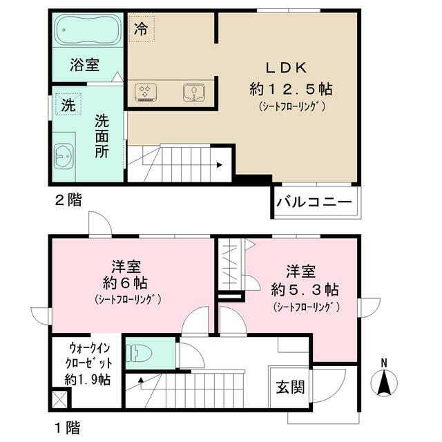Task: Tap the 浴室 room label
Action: tap(85, 66)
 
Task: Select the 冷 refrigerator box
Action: tap(141, 29)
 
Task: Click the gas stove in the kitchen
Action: tap(146, 92)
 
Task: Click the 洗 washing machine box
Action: tap(68, 106)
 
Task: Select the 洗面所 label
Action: tap(102, 136)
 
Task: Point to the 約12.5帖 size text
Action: tap(291, 88)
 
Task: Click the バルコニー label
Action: tap(315, 202)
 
